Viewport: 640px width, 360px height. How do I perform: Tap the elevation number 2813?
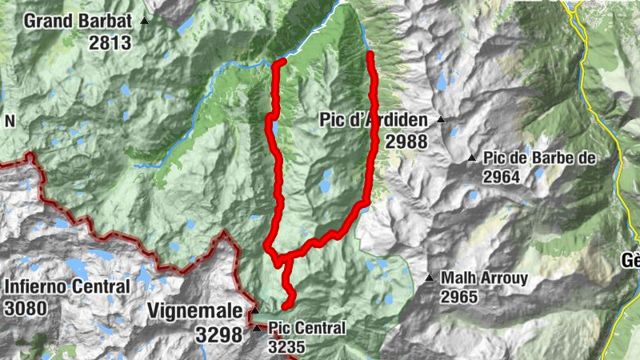click(x=110, y=43)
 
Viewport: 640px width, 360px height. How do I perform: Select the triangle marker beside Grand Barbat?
click(x=145, y=21)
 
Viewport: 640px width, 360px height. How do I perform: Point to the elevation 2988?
click(x=406, y=142)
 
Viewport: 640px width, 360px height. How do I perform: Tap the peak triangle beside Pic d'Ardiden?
click(x=440, y=121)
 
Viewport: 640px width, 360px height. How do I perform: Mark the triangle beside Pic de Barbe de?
click(x=472, y=158)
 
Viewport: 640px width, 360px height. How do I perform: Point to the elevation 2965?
click(x=458, y=298)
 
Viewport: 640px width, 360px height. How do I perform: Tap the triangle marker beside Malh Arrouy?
click(x=430, y=278)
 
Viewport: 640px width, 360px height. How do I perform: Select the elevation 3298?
click(x=218, y=335)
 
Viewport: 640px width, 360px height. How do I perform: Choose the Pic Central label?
click(x=307, y=328)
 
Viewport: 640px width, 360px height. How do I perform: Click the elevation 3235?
click(x=288, y=347)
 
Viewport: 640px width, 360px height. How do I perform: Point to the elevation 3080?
click(x=26, y=307)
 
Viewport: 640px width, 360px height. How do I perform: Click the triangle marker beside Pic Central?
click(x=257, y=328)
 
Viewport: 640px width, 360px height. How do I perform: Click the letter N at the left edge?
click(x=10, y=121)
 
